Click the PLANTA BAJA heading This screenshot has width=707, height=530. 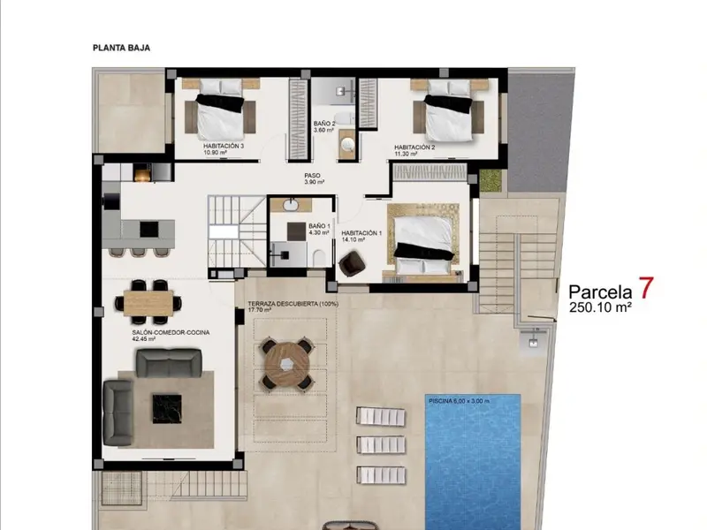(x=121, y=48)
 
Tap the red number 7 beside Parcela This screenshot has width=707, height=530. (x=646, y=288)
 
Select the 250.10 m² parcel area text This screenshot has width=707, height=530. (x=600, y=307)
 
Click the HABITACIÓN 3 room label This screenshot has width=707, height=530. (x=224, y=146)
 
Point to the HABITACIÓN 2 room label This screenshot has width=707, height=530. (x=414, y=148)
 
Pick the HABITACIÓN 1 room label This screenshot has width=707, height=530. (x=361, y=233)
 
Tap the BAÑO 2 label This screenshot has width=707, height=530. (x=324, y=124)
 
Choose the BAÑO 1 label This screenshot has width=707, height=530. (x=319, y=226)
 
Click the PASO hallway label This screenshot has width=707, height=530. (x=312, y=176)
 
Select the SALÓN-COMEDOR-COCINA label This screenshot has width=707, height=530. (x=171, y=333)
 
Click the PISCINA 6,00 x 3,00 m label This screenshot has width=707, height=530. (x=459, y=401)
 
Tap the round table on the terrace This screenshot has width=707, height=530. (x=287, y=364)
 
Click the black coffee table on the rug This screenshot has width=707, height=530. (x=167, y=409)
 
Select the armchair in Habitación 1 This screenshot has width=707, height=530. (x=352, y=263)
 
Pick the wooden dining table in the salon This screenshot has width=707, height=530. (x=148, y=303)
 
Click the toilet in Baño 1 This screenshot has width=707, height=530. (x=318, y=258)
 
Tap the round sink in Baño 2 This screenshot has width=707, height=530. (x=347, y=144)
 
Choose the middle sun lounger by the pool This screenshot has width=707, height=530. (x=381, y=445)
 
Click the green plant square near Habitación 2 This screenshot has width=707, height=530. (x=490, y=181)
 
